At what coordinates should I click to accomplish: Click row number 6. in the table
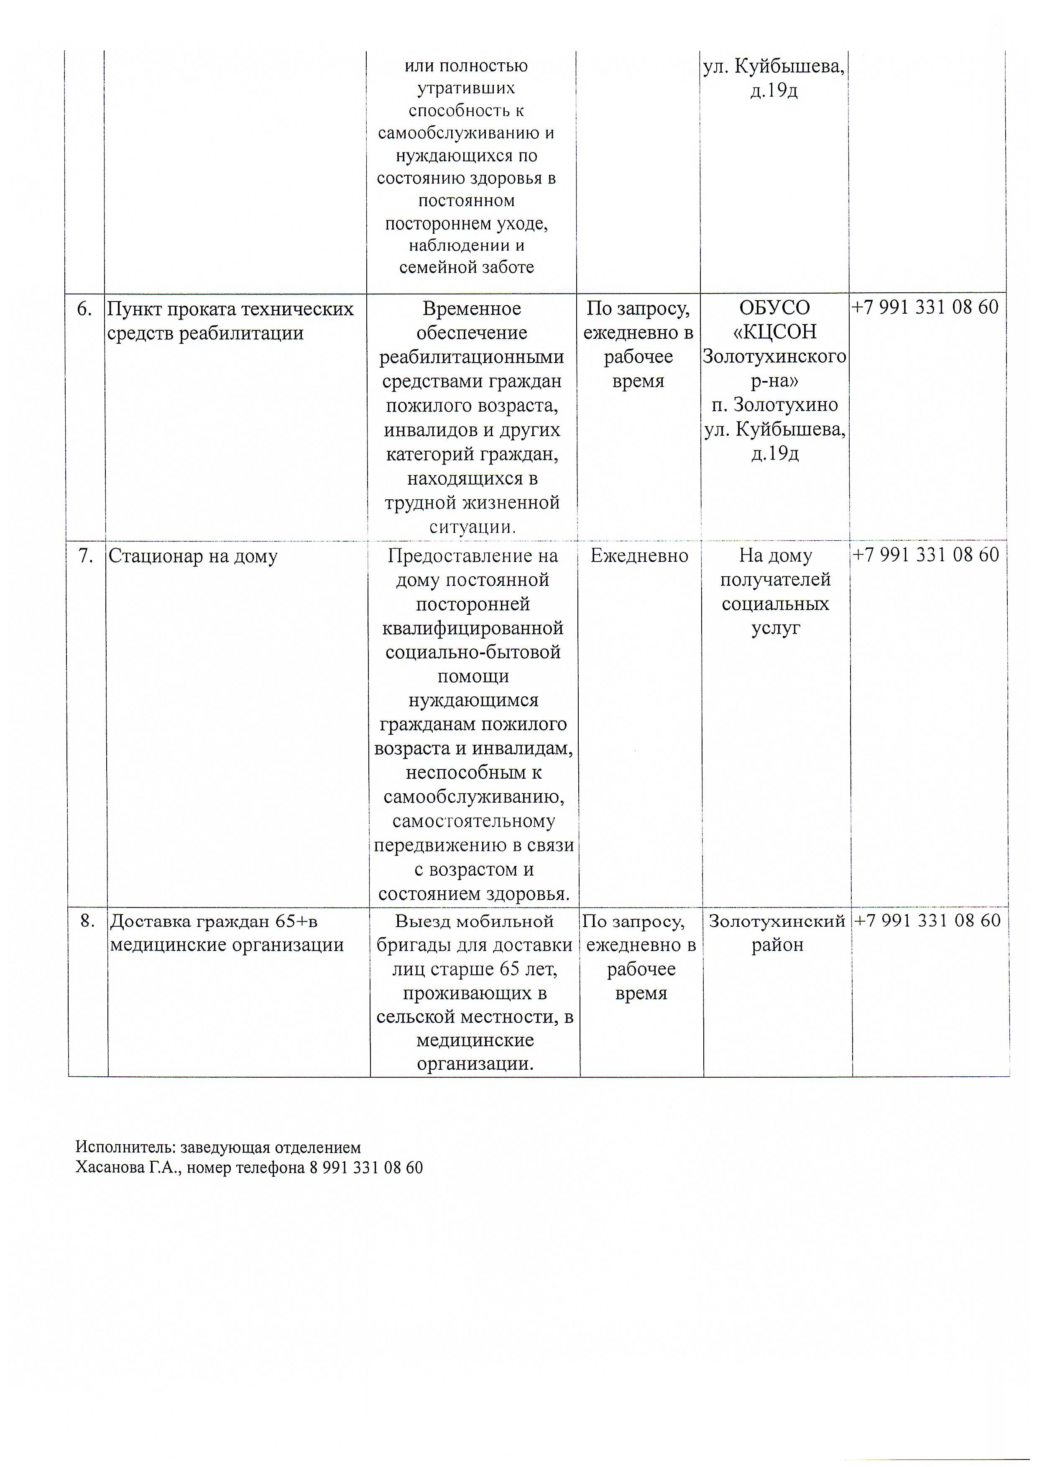(84, 309)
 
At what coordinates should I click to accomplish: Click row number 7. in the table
(86, 556)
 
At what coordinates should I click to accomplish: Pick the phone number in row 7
(925, 555)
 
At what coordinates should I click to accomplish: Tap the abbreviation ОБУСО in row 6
(774, 308)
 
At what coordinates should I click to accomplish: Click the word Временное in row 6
(472, 309)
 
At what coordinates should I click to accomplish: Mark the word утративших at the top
(466, 88)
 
